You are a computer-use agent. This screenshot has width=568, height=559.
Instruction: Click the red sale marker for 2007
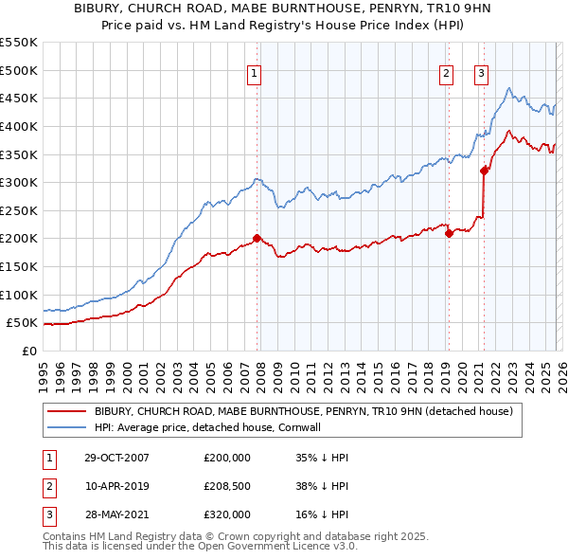tap(257, 239)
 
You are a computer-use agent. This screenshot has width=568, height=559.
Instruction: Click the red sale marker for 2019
tap(449, 234)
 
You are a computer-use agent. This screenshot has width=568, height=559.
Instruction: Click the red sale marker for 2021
tap(484, 171)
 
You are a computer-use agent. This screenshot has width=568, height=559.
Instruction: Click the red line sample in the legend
tap(66, 411)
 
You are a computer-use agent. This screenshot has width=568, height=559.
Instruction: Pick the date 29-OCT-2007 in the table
tap(116, 458)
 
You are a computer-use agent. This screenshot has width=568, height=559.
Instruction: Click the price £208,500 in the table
tap(227, 486)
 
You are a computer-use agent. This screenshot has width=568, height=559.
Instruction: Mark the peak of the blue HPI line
tap(509, 89)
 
